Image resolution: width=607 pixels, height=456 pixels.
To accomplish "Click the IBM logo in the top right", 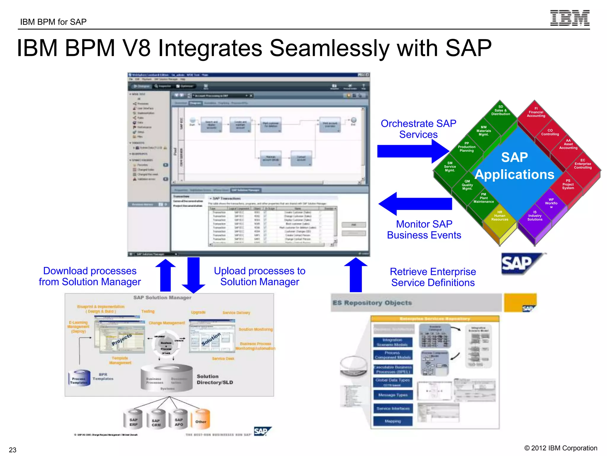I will click(569, 18).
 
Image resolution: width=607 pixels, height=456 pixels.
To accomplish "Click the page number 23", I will click(12, 449).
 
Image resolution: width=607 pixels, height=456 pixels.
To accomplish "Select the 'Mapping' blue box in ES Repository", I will click(393, 421).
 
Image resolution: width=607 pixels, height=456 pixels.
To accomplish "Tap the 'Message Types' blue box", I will click(393, 395).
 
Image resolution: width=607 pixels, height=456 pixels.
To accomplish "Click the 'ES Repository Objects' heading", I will click(372, 303).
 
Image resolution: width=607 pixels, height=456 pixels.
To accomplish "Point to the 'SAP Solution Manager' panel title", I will click(162, 297).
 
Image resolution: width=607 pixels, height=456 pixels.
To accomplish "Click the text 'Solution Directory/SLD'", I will click(215, 379).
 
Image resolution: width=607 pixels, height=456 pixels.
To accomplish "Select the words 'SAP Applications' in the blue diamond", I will click(515, 166).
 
